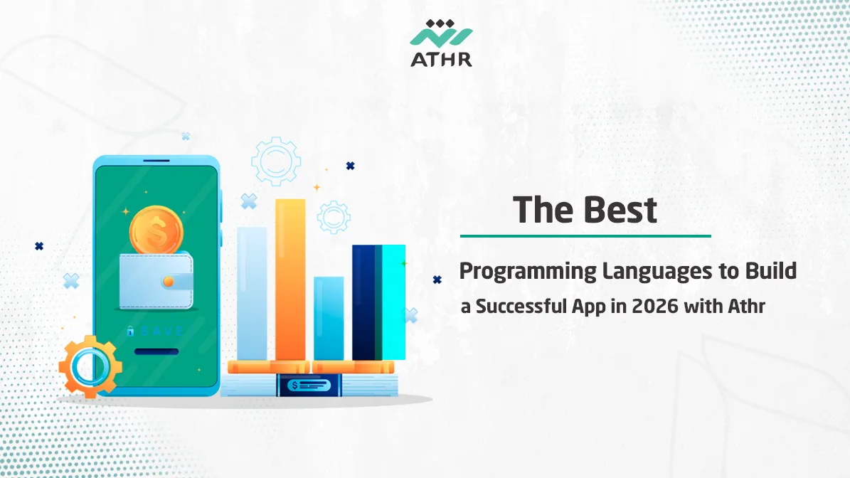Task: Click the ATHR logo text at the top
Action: [x=441, y=58]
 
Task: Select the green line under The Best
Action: [x=585, y=235]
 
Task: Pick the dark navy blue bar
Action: [x=363, y=302]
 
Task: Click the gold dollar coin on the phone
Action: [x=156, y=230]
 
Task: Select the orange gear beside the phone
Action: [x=90, y=366]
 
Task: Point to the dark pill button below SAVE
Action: [x=156, y=351]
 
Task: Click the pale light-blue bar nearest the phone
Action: [x=252, y=293]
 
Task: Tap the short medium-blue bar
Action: [x=329, y=318]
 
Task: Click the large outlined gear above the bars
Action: [x=276, y=161]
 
